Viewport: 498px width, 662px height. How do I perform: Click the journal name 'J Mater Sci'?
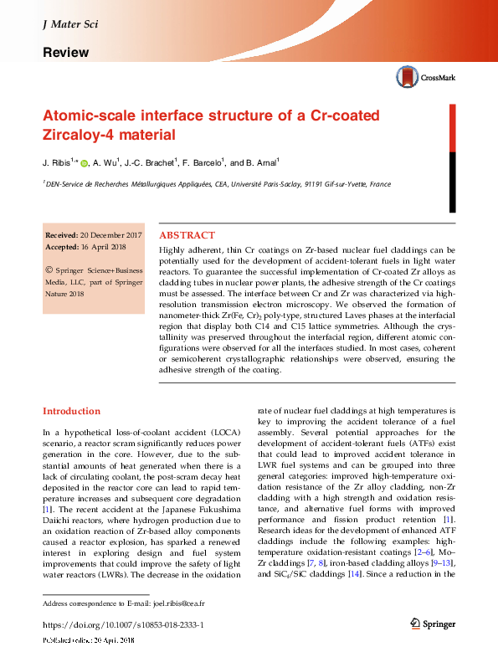click(69, 24)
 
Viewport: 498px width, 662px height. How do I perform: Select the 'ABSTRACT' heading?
click(187, 235)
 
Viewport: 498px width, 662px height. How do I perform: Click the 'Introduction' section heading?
click(71, 411)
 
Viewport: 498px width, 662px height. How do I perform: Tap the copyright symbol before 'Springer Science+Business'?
click(49, 271)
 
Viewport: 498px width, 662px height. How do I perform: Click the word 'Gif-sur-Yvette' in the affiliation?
click(340, 184)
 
